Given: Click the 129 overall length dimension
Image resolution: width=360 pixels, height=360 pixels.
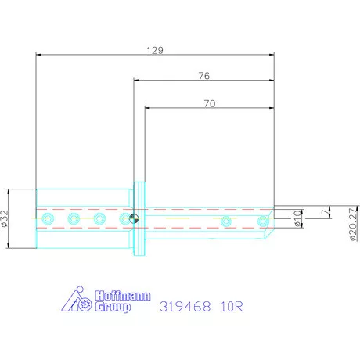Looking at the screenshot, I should coord(155,49).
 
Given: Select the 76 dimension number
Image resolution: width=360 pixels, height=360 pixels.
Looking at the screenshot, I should coord(203,76).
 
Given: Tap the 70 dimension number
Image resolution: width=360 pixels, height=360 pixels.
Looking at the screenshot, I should coord(208,103).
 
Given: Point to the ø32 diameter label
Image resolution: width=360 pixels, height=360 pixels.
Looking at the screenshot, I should coord(7,218).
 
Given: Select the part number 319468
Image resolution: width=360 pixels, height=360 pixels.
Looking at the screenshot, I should coord(185,306).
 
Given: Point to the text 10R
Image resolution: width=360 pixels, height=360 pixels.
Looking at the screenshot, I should coord(231,306).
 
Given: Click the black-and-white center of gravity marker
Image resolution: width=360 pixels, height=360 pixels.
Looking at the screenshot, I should coord(134,219).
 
